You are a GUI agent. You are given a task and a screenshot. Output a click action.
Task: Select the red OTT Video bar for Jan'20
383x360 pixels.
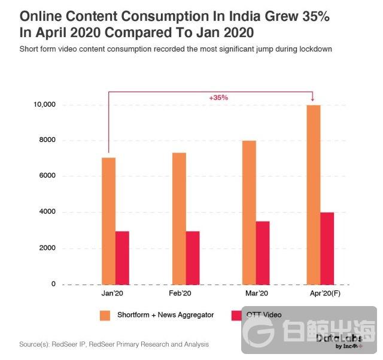click(122, 258)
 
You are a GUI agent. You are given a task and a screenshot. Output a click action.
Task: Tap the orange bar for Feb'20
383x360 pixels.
click(179, 218)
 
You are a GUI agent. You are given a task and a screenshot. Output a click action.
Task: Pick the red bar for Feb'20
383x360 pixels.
click(193, 258)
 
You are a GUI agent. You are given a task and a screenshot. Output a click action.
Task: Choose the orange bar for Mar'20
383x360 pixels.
click(249, 212)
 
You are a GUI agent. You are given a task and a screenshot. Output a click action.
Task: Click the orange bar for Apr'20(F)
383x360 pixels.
click(314, 194)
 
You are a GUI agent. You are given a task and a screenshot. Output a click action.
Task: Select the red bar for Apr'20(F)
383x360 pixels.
click(327, 248)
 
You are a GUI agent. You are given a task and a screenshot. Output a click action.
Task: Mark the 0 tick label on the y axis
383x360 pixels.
click(53, 284)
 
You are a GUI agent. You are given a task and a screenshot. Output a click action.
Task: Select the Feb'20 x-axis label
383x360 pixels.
click(180, 294)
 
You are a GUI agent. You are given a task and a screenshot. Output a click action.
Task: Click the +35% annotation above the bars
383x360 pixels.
click(218, 97)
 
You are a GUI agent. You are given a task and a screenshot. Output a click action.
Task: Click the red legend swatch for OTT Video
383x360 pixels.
click(236, 315)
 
